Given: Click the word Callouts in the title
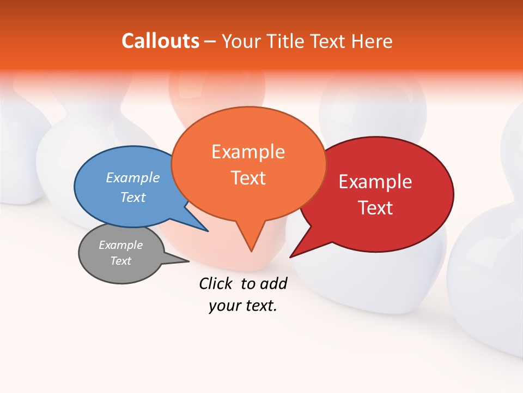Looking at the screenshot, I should click(x=160, y=41).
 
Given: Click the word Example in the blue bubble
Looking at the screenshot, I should click(x=133, y=177).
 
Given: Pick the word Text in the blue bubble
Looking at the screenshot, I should click(x=133, y=197).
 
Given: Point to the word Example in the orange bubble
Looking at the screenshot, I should click(x=248, y=152).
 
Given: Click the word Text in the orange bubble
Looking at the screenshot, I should click(x=248, y=178).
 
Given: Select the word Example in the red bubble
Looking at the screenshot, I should click(x=375, y=182).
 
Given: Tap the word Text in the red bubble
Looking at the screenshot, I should click(x=375, y=208).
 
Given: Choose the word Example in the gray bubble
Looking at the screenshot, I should click(x=121, y=245).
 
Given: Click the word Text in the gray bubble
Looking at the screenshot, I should click(x=121, y=261).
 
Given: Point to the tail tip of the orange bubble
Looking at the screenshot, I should click(x=251, y=251).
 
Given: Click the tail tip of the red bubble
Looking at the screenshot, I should click(x=290, y=257).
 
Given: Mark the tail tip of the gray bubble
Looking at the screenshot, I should click(x=188, y=261).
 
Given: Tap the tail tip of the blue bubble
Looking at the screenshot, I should click(x=208, y=231).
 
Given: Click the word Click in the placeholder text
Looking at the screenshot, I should click(x=216, y=283).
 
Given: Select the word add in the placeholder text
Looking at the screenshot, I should click(x=274, y=283).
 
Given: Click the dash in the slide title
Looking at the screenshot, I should click(x=210, y=41).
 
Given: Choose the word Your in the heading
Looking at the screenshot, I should click(x=241, y=41).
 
